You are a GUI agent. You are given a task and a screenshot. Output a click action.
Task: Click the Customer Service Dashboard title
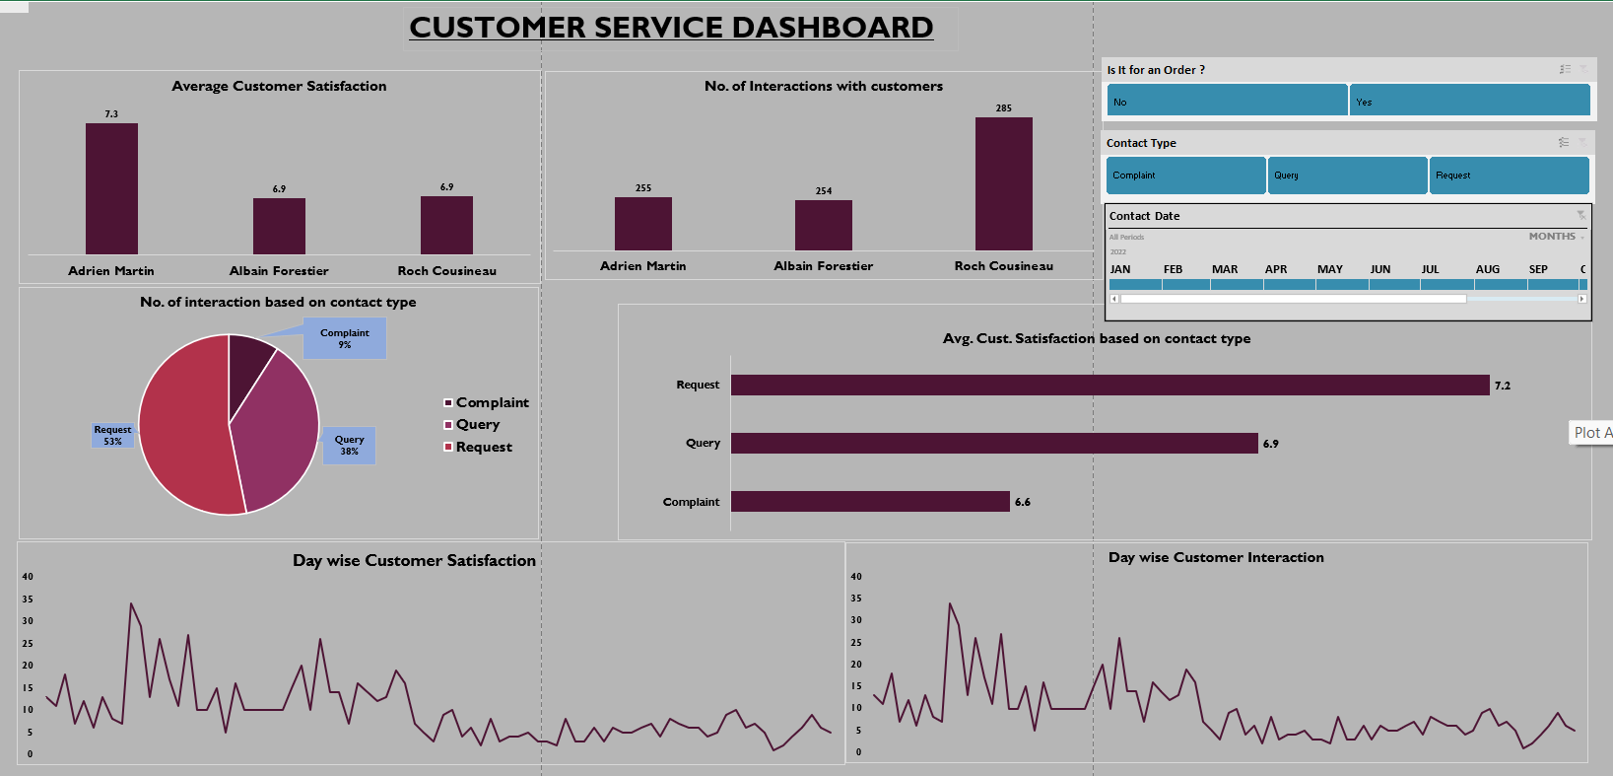click(671, 28)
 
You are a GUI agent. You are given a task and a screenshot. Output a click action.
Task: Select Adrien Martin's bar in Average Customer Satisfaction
click(111, 189)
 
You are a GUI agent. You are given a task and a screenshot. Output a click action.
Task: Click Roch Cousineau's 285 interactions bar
click(1003, 184)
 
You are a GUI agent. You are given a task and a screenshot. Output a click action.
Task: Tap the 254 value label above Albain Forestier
click(824, 191)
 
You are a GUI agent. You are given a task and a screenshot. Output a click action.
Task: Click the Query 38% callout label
click(349, 446)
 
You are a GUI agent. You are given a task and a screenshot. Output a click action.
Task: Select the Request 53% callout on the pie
click(112, 436)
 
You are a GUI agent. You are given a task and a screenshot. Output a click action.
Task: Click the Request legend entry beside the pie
click(483, 447)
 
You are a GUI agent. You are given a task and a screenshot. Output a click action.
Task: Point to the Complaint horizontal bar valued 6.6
click(870, 502)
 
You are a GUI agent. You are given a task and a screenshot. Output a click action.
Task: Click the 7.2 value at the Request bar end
click(1502, 386)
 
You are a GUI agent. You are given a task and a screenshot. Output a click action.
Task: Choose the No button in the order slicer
click(1226, 101)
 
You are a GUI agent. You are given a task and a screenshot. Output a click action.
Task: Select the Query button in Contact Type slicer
click(1347, 176)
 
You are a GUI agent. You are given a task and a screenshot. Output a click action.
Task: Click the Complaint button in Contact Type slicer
click(1185, 176)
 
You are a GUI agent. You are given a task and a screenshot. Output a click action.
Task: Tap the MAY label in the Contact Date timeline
click(1329, 269)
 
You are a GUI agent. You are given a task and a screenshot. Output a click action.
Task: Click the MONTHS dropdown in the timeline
click(1556, 237)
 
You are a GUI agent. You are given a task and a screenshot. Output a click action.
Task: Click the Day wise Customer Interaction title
click(1216, 557)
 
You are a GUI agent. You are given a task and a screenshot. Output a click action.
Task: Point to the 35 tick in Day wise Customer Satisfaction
click(28, 600)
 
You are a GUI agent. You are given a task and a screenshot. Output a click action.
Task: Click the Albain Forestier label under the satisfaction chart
click(279, 271)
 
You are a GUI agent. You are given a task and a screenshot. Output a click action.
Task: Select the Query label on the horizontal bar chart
click(703, 444)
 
